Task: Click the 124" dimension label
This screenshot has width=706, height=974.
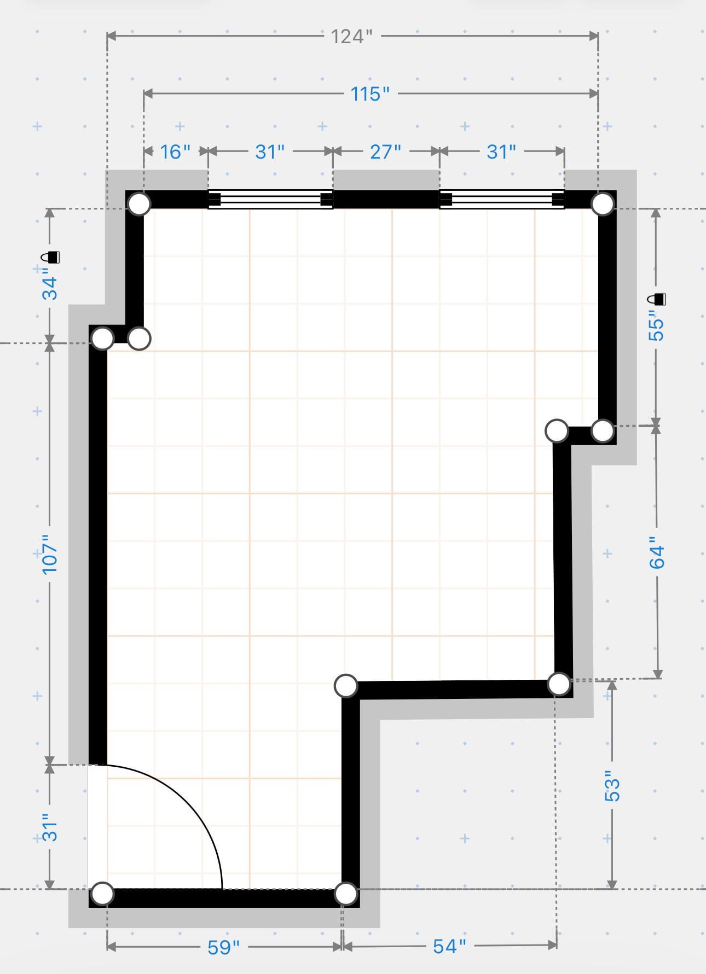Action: pyautogui.click(x=351, y=37)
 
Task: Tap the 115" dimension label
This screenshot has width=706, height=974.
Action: pyautogui.click(x=370, y=94)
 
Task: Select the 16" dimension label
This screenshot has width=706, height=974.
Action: pyautogui.click(x=175, y=151)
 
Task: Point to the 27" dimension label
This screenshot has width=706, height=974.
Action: pyautogui.click(x=385, y=151)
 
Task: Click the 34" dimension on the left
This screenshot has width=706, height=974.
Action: pyautogui.click(x=50, y=288)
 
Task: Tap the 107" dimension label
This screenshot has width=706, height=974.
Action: pyautogui.click(x=50, y=555)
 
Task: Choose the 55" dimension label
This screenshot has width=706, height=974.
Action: pyautogui.click(x=656, y=325)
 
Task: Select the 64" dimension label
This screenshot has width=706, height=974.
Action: pyautogui.click(x=657, y=556)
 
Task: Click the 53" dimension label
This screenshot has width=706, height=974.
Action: pyautogui.click(x=612, y=786)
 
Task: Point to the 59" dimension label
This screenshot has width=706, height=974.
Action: pyautogui.click(x=224, y=947)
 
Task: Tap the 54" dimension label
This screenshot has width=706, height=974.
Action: pyautogui.click(x=449, y=946)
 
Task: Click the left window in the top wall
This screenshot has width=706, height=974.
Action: pyautogui.click(x=270, y=200)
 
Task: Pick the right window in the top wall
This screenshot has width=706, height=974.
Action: pyautogui.click(x=502, y=200)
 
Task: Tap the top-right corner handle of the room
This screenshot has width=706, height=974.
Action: pyautogui.click(x=603, y=204)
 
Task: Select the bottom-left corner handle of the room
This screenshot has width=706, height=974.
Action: pyautogui.click(x=102, y=894)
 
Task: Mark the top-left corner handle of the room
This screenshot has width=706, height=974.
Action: pyautogui.click(x=139, y=204)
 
